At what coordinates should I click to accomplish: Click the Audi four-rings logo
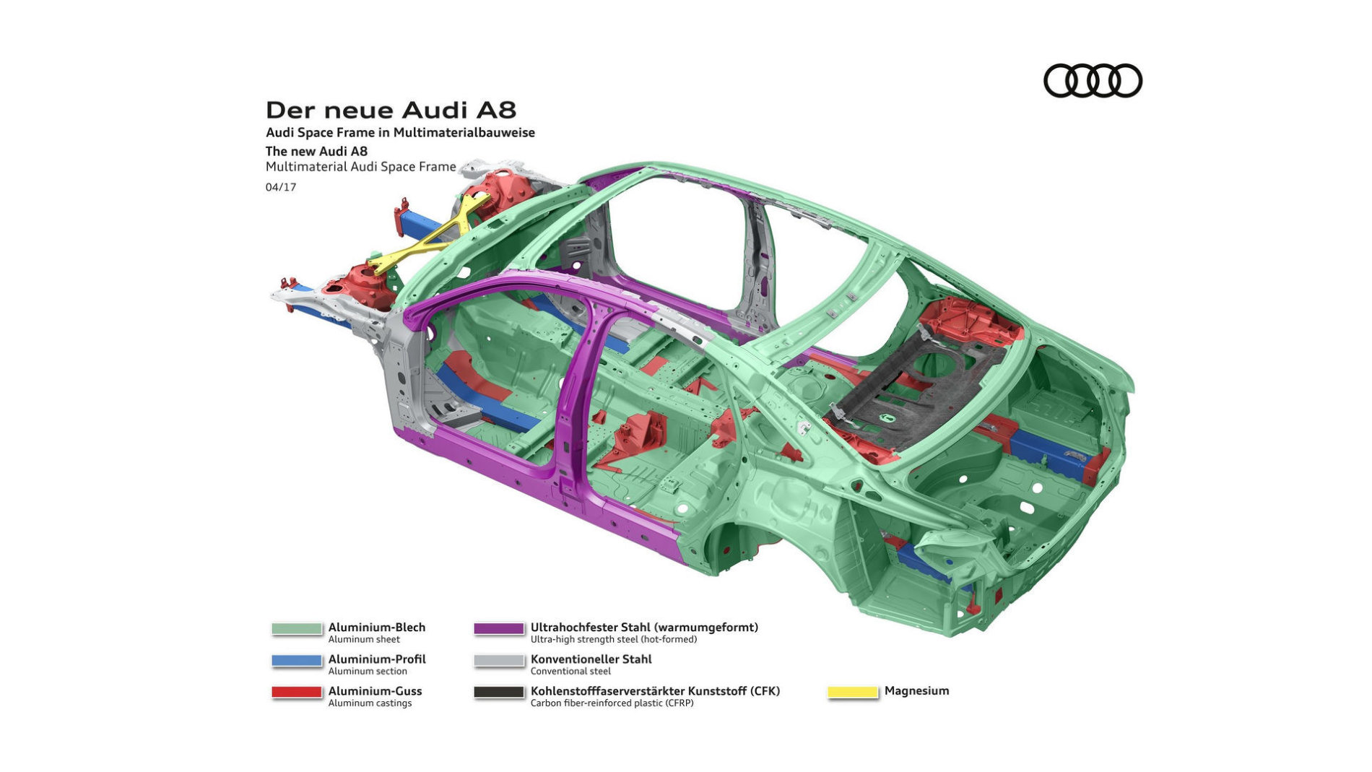point(1093,80)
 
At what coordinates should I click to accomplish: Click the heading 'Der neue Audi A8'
point(391,110)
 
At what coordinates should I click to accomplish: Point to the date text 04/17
point(281,187)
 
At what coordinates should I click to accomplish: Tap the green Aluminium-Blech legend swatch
point(297,629)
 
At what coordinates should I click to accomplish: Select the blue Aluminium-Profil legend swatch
point(297,661)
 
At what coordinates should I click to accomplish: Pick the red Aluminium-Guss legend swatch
point(297,693)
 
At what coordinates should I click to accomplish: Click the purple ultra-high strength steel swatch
point(499,629)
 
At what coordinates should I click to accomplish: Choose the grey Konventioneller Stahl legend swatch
point(499,661)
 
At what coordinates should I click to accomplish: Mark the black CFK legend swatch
point(499,693)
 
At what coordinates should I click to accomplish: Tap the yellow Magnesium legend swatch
point(853,693)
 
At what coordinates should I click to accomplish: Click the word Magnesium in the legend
point(916,691)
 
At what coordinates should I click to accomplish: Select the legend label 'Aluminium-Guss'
point(375,691)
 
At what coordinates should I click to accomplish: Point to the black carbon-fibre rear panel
point(917,390)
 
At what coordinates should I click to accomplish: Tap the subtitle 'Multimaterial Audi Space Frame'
point(361,167)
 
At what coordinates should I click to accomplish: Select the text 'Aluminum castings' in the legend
point(370,703)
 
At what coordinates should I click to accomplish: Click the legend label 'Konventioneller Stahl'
point(591,659)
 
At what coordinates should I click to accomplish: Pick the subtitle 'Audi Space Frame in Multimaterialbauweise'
point(400,133)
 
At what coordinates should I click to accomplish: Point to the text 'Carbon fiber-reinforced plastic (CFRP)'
point(612,703)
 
